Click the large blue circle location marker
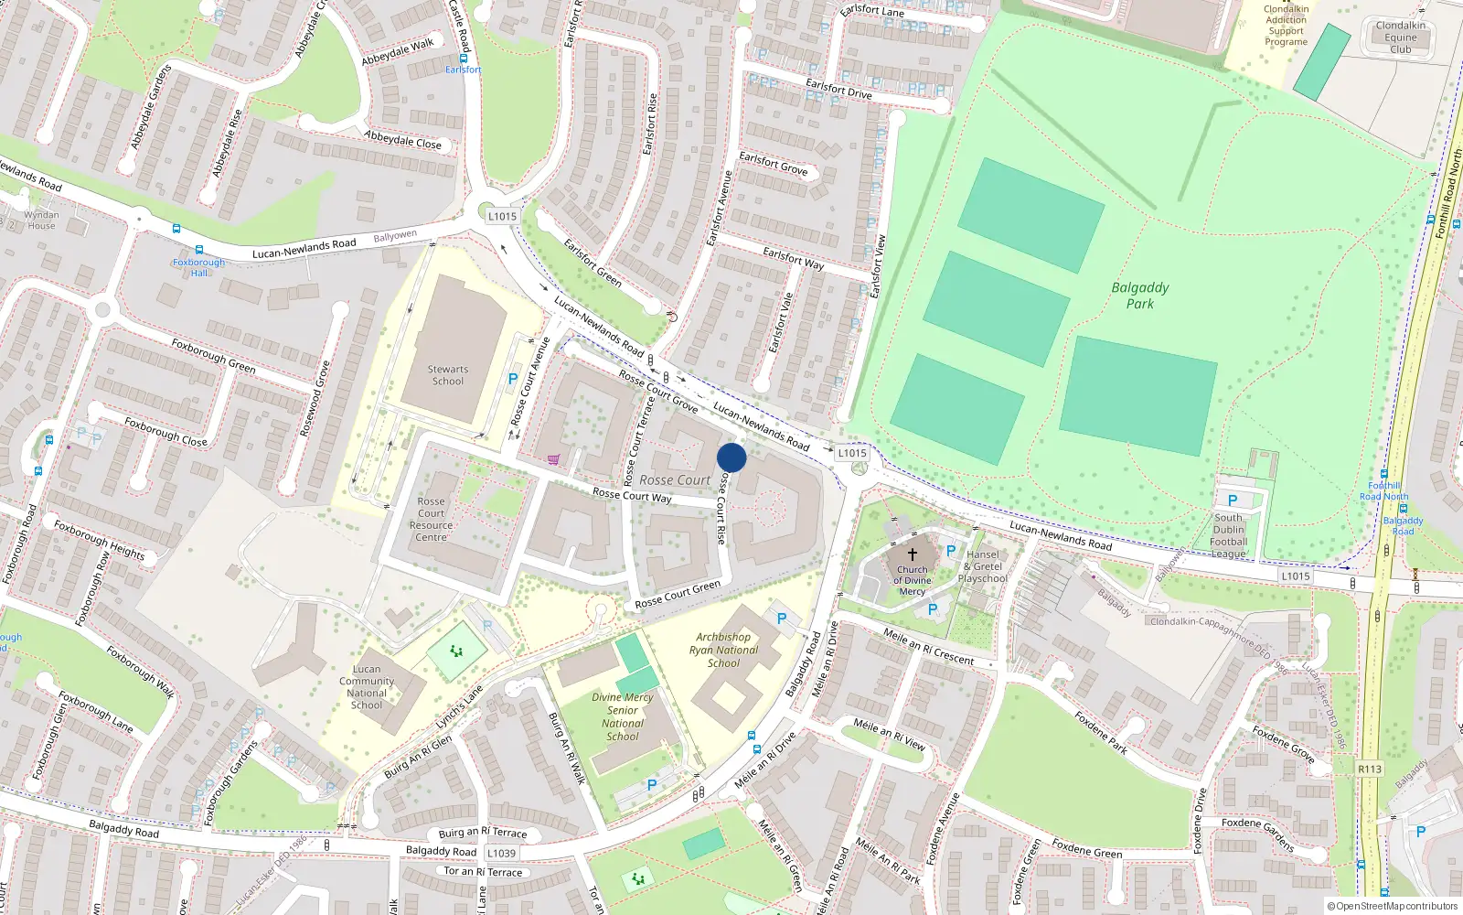(731, 457)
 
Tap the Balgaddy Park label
(1140, 296)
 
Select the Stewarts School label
(448, 375)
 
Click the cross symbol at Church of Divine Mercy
(912, 554)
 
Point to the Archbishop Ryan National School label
(723, 650)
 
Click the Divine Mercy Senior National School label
(623, 716)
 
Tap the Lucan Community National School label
(367, 687)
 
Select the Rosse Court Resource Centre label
(431, 519)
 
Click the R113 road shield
(1370, 769)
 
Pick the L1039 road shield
(501, 853)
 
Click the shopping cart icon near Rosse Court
(553, 459)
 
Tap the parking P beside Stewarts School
(513, 379)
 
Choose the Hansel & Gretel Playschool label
(983, 566)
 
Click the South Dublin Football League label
(1229, 535)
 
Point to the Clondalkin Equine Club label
(1400, 38)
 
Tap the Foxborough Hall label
(198, 267)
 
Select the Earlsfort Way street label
(794, 259)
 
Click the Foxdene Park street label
(1101, 733)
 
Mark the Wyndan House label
(41, 221)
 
